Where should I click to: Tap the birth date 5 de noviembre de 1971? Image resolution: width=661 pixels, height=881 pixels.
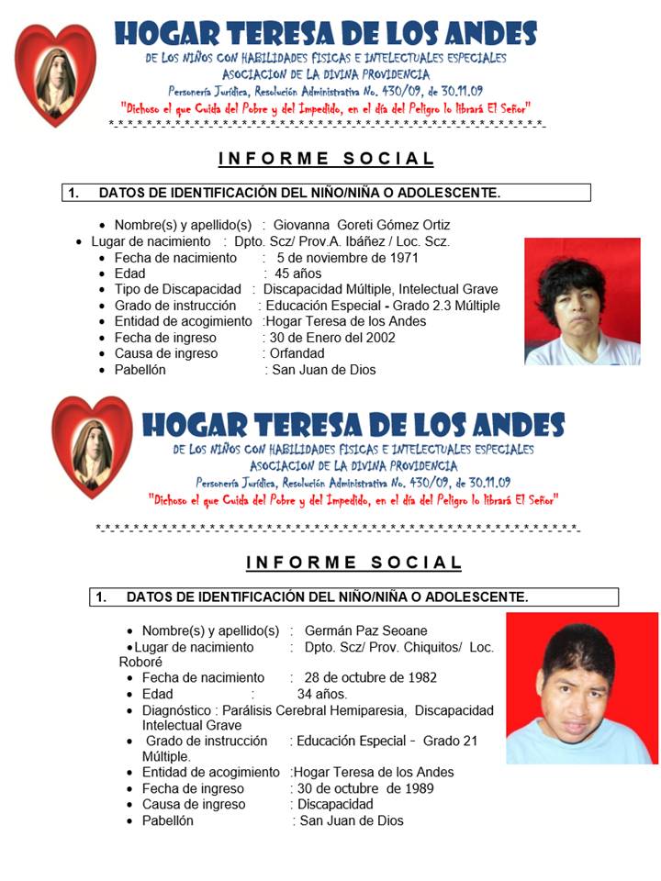point(347,258)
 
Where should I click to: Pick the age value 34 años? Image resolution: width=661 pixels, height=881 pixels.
point(322,694)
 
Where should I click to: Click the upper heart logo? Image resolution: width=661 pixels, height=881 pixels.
point(56,73)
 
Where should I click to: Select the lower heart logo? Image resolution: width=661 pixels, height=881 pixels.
point(92,447)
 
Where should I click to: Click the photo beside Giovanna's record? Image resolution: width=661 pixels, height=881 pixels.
point(582,302)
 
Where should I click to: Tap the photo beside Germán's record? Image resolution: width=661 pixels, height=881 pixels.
point(582,688)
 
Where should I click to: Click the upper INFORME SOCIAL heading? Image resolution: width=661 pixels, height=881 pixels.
point(326,159)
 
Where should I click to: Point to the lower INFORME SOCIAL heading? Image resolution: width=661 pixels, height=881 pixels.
point(353,563)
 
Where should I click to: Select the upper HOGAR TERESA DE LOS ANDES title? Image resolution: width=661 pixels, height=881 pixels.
point(325,34)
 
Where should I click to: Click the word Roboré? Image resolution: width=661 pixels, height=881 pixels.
point(140,662)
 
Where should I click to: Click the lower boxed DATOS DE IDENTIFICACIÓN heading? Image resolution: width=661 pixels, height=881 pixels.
point(353,597)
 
